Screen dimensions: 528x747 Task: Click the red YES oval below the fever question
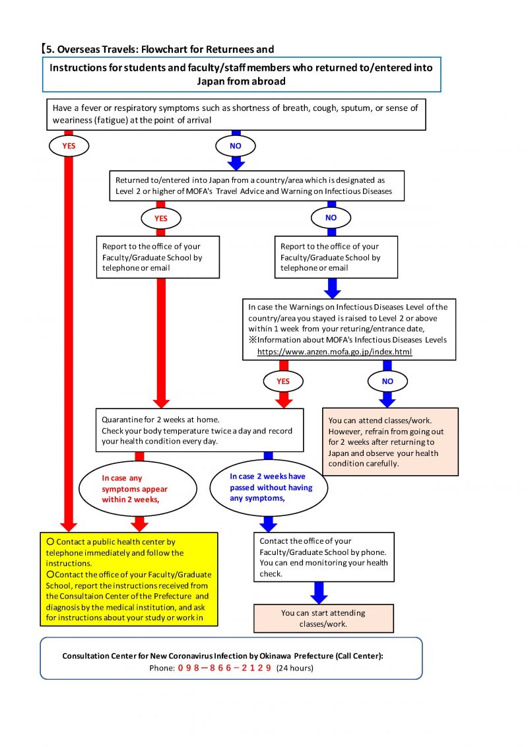[x=69, y=146]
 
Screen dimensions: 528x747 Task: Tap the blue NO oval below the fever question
[x=236, y=146]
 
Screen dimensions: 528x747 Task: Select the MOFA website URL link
[x=335, y=352]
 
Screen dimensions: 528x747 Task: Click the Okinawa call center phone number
[x=224, y=668]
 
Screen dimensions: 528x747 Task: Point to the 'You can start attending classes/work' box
[x=323, y=618]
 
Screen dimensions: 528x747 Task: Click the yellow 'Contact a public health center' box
[x=129, y=579]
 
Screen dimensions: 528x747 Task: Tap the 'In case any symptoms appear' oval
[x=138, y=489]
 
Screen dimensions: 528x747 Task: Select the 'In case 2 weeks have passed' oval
[x=269, y=488]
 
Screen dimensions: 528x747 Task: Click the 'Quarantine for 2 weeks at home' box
[x=200, y=430]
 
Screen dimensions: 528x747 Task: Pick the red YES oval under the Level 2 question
[x=161, y=218]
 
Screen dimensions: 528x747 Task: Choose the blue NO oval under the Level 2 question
[x=331, y=218]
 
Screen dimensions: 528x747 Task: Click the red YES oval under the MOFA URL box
[x=284, y=381]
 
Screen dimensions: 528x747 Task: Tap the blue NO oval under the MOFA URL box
[x=387, y=381]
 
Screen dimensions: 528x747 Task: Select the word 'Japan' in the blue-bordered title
[x=210, y=81]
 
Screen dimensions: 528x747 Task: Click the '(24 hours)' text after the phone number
[x=295, y=668]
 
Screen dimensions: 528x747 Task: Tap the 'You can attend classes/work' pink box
[x=391, y=441]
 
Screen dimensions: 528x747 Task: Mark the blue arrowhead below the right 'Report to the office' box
[x=332, y=291]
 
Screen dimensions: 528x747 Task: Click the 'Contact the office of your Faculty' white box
[x=324, y=557]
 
